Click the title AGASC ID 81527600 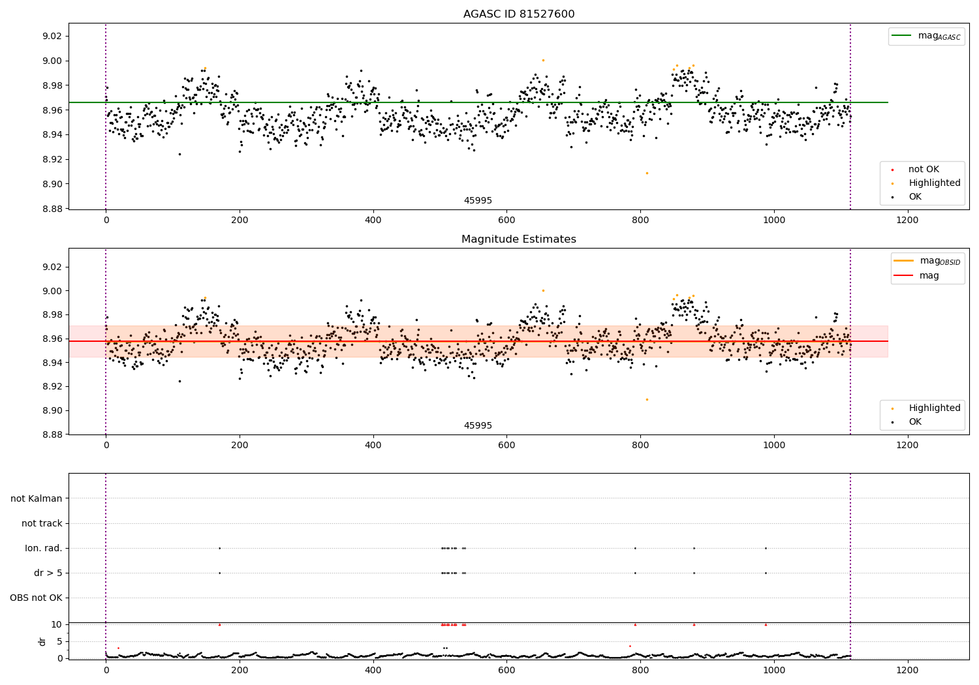(x=519, y=14)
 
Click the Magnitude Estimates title (x=519, y=239)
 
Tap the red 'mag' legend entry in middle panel (x=929, y=275)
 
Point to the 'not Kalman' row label (x=37, y=498)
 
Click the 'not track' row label (x=42, y=523)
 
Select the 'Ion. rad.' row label (x=44, y=548)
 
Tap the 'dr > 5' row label (x=48, y=573)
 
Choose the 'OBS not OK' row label (x=36, y=598)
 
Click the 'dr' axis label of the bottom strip (x=42, y=641)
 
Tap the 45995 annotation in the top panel (x=478, y=201)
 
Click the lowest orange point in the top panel (x=647, y=173)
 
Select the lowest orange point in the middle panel (x=647, y=399)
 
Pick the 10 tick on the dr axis (x=57, y=624)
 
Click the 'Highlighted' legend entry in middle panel (x=934, y=408)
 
